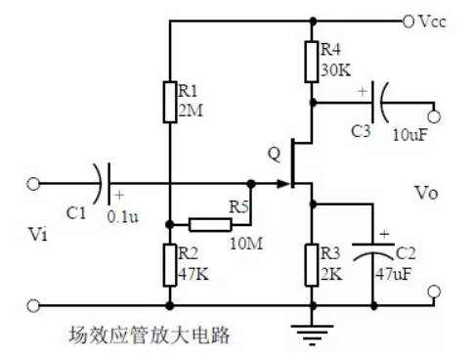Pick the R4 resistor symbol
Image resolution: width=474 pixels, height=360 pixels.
[313, 63]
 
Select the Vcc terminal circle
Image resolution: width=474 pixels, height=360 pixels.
[407, 21]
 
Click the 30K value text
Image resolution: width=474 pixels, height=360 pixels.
[332, 70]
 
